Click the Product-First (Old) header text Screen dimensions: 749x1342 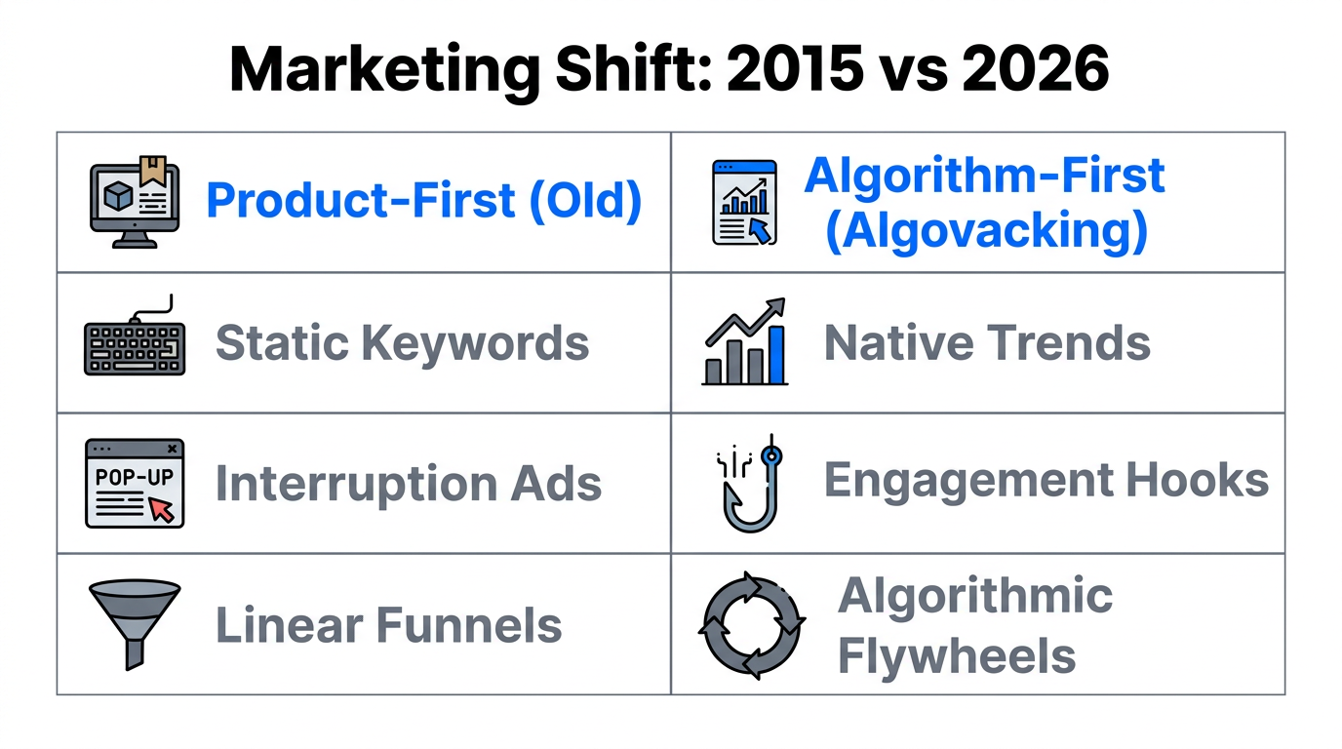424,201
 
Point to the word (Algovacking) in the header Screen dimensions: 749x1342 986,231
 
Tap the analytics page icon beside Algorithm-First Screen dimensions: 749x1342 744,202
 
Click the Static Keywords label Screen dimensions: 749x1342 402,343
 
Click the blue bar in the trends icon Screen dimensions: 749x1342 775,355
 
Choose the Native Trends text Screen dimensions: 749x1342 987,343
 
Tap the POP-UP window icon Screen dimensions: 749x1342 135,483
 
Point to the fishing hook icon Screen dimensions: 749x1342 746,483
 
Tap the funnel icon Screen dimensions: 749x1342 135,621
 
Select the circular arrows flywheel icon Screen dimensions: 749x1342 751,624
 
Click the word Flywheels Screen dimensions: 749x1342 957,656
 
